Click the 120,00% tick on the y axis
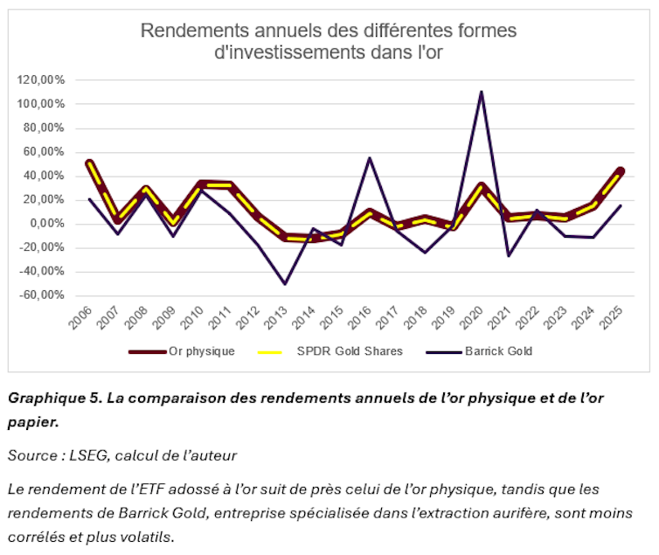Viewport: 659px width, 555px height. pos(41,80)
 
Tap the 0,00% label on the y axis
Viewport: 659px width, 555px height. pos(45,224)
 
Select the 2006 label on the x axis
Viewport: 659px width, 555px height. pos(80,323)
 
